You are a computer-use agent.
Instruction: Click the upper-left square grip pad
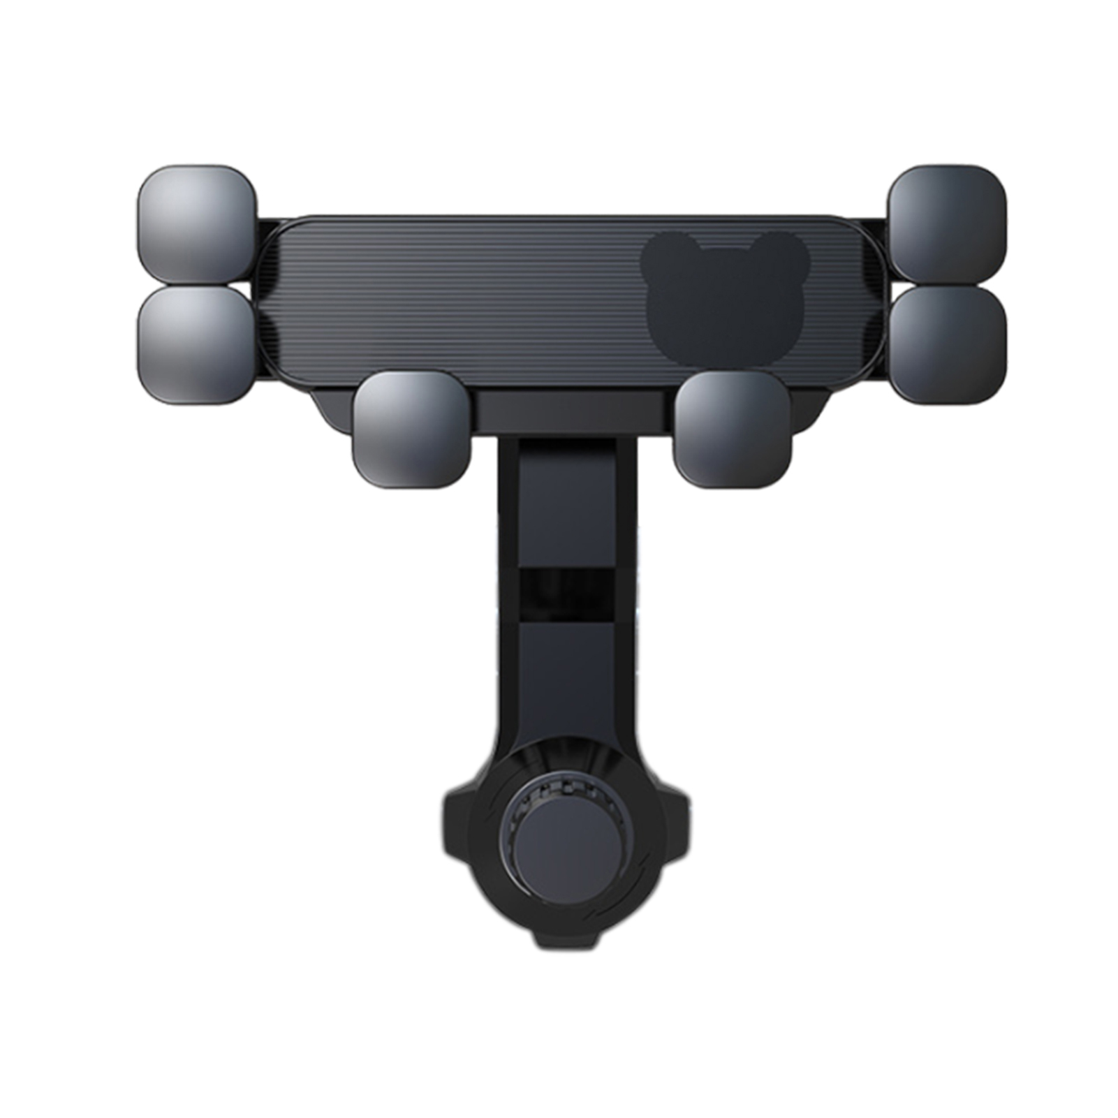(196, 223)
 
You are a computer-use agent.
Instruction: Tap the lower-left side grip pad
(196, 346)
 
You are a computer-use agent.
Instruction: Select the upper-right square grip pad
(947, 223)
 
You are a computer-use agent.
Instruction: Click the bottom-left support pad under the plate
(412, 430)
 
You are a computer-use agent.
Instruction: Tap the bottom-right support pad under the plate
(732, 429)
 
